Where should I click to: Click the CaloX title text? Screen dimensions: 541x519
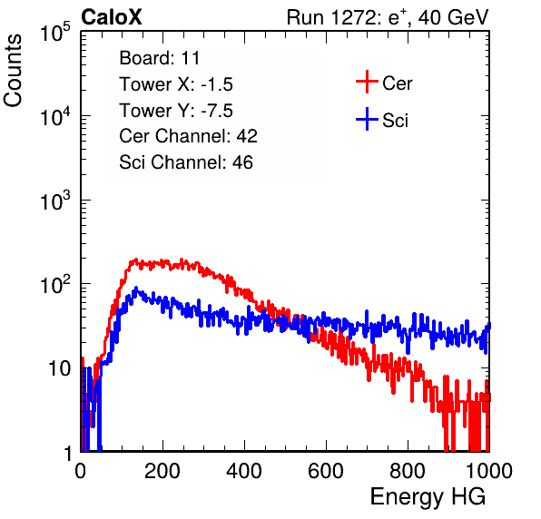(112, 17)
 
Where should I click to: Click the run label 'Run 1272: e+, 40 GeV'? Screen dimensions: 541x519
(388, 17)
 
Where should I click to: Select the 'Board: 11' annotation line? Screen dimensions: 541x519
(160, 58)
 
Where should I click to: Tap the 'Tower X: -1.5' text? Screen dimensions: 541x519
(176, 84)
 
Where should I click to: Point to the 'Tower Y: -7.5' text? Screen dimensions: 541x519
(176, 111)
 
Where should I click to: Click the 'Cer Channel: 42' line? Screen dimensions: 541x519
(189, 136)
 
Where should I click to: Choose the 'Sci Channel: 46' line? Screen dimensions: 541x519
(186, 162)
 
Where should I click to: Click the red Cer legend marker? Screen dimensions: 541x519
(367, 82)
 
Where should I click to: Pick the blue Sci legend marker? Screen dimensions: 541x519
(367, 119)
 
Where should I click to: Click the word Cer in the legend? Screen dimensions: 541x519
(397, 83)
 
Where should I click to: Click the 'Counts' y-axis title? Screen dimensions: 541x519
(13, 71)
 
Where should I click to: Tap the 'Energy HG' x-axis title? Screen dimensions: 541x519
(428, 497)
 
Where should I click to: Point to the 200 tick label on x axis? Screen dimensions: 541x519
(162, 471)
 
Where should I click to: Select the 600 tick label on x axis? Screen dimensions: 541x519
(326, 471)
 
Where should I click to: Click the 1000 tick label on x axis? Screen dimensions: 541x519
(489, 471)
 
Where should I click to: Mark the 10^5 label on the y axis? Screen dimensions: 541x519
(55, 33)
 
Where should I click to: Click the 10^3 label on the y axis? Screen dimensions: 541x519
(55, 201)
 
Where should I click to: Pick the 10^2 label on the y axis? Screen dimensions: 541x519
(55, 285)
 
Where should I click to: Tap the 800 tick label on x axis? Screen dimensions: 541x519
(408, 471)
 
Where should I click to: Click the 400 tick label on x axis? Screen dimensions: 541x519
(244, 471)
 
